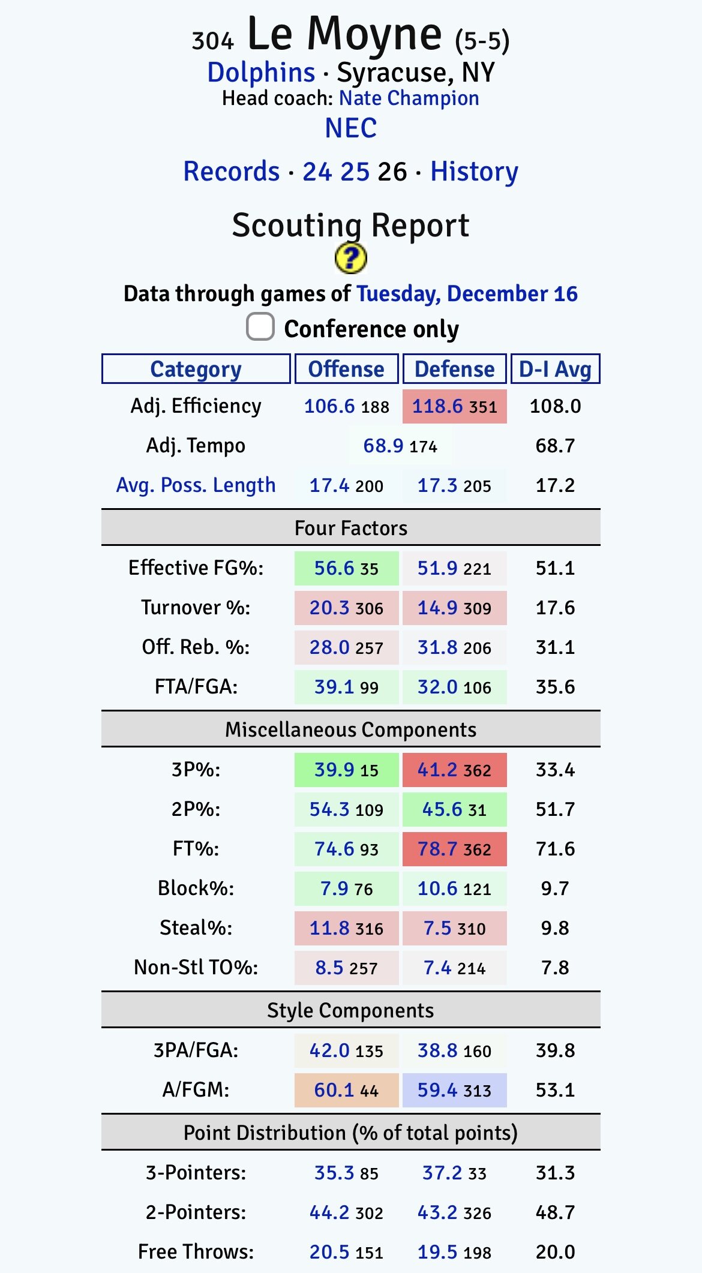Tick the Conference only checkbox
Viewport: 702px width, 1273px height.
tap(260, 327)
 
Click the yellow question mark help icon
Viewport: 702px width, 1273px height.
tap(350, 259)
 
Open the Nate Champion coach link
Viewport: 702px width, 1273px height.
tap(409, 98)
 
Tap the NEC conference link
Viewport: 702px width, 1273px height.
tap(351, 128)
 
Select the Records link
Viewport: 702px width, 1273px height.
tap(232, 172)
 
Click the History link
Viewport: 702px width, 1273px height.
tap(474, 172)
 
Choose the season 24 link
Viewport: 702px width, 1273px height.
tap(317, 172)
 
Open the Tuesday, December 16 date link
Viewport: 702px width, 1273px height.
tap(467, 294)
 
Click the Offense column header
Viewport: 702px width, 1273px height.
tap(346, 369)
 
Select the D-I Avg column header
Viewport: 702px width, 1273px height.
tap(555, 369)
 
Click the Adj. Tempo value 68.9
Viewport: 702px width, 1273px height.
tap(383, 446)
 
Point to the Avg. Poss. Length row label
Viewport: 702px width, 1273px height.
tap(196, 485)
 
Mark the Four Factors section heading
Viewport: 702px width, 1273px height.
tap(350, 528)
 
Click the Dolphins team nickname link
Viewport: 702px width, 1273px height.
tap(261, 73)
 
